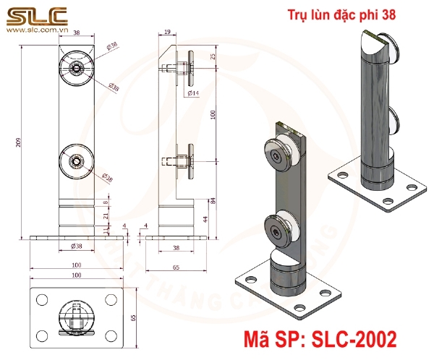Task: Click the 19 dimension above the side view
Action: (167, 33)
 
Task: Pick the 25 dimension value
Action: (213, 56)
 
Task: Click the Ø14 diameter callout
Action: (193, 93)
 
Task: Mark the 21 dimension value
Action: (106, 215)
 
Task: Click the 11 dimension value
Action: (106, 231)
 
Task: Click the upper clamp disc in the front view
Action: (76, 67)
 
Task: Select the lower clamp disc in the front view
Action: (75, 160)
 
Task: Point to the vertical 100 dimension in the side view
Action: (213, 114)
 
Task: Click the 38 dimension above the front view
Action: (76, 33)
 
